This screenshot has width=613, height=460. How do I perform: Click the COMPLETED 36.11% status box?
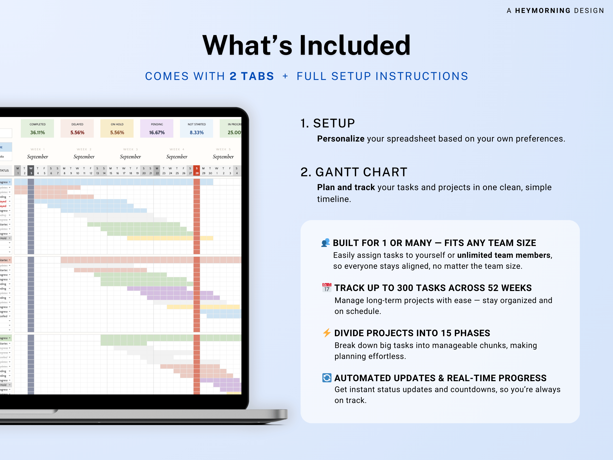click(x=37, y=129)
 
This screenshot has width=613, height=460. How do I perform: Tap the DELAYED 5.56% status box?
click(x=77, y=129)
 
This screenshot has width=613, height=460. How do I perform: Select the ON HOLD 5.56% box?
click(x=117, y=129)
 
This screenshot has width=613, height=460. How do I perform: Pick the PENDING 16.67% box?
click(x=157, y=129)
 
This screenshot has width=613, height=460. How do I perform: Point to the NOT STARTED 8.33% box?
click(x=196, y=129)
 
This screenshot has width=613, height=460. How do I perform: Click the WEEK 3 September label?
click(x=130, y=154)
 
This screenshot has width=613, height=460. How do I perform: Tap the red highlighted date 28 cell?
click(x=197, y=173)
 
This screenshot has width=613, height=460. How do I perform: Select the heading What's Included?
click(x=306, y=45)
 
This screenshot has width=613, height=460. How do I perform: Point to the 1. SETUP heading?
click(x=328, y=123)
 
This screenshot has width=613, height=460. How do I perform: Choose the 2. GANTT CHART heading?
click(x=354, y=172)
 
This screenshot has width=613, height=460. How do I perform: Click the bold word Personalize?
click(x=341, y=139)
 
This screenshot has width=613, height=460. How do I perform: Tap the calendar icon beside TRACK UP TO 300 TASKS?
click(x=327, y=288)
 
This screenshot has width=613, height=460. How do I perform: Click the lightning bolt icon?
click(x=327, y=333)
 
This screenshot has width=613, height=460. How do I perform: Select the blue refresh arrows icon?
click(x=327, y=378)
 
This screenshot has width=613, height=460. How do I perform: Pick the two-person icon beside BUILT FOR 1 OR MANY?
click(x=326, y=243)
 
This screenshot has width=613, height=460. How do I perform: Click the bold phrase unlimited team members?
click(x=504, y=255)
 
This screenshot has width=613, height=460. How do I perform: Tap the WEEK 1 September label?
click(x=37, y=154)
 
